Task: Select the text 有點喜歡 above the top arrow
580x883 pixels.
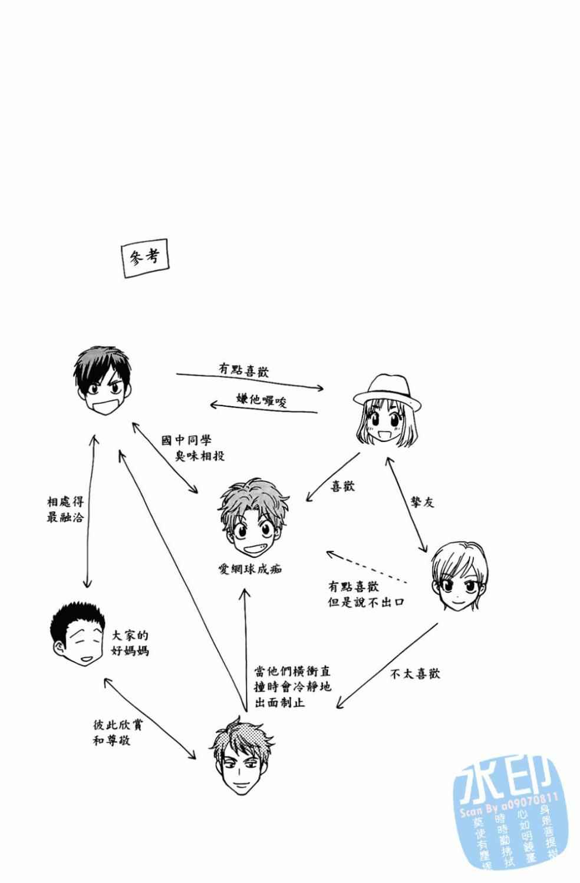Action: (x=244, y=370)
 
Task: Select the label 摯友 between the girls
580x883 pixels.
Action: (x=422, y=502)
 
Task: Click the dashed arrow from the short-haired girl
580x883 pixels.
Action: (x=367, y=567)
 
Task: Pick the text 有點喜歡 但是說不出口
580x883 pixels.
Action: (x=365, y=595)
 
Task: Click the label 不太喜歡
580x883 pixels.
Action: (x=415, y=674)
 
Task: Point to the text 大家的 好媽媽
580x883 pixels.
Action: (x=130, y=643)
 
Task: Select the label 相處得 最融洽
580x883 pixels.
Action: (x=65, y=510)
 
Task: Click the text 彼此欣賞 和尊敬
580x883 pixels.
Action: (x=117, y=732)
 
